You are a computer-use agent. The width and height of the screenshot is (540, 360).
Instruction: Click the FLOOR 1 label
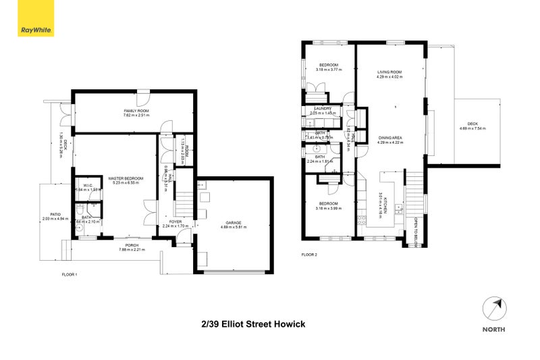[70, 275]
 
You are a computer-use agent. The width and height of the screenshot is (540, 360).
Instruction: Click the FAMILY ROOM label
[136, 110]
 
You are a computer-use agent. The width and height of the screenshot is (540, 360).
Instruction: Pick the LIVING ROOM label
[389, 72]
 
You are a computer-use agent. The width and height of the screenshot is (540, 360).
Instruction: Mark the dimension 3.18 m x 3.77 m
[329, 70]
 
